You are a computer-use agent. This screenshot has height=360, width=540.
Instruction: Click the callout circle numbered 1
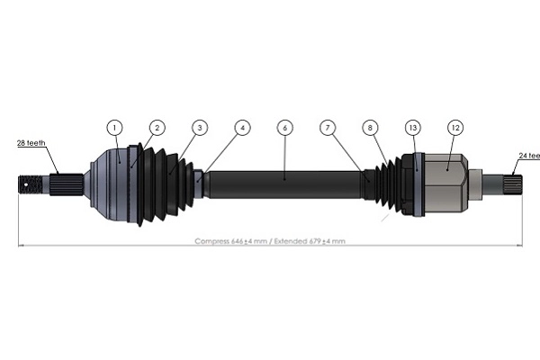(x=114, y=128)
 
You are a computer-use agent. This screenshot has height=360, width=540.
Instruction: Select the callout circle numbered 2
(x=157, y=128)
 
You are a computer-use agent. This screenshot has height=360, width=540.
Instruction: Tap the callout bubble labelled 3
(x=199, y=128)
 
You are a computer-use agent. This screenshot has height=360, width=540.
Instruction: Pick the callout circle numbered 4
(x=242, y=128)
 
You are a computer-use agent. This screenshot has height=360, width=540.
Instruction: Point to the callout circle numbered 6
(x=284, y=128)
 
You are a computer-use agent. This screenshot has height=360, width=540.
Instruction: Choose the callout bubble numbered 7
(x=328, y=128)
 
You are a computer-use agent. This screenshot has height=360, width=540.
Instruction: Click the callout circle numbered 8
(x=370, y=128)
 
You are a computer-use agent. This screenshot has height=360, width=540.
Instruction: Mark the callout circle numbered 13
(x=413, y=128)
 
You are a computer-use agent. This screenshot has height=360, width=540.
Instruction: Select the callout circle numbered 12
(x=455, y=128)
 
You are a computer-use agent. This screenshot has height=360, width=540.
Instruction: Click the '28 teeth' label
(x=31, y=142)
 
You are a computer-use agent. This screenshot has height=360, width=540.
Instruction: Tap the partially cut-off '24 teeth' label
(x=526, y=157)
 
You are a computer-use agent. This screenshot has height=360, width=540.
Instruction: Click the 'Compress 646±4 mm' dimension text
(x=230, y=241)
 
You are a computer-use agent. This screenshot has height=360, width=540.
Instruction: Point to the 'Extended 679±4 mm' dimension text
(x=310, y=241)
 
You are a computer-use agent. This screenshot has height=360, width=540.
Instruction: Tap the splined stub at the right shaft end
(x=504, y=184)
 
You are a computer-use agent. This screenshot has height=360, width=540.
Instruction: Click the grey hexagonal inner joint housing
(x=445, y=183)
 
